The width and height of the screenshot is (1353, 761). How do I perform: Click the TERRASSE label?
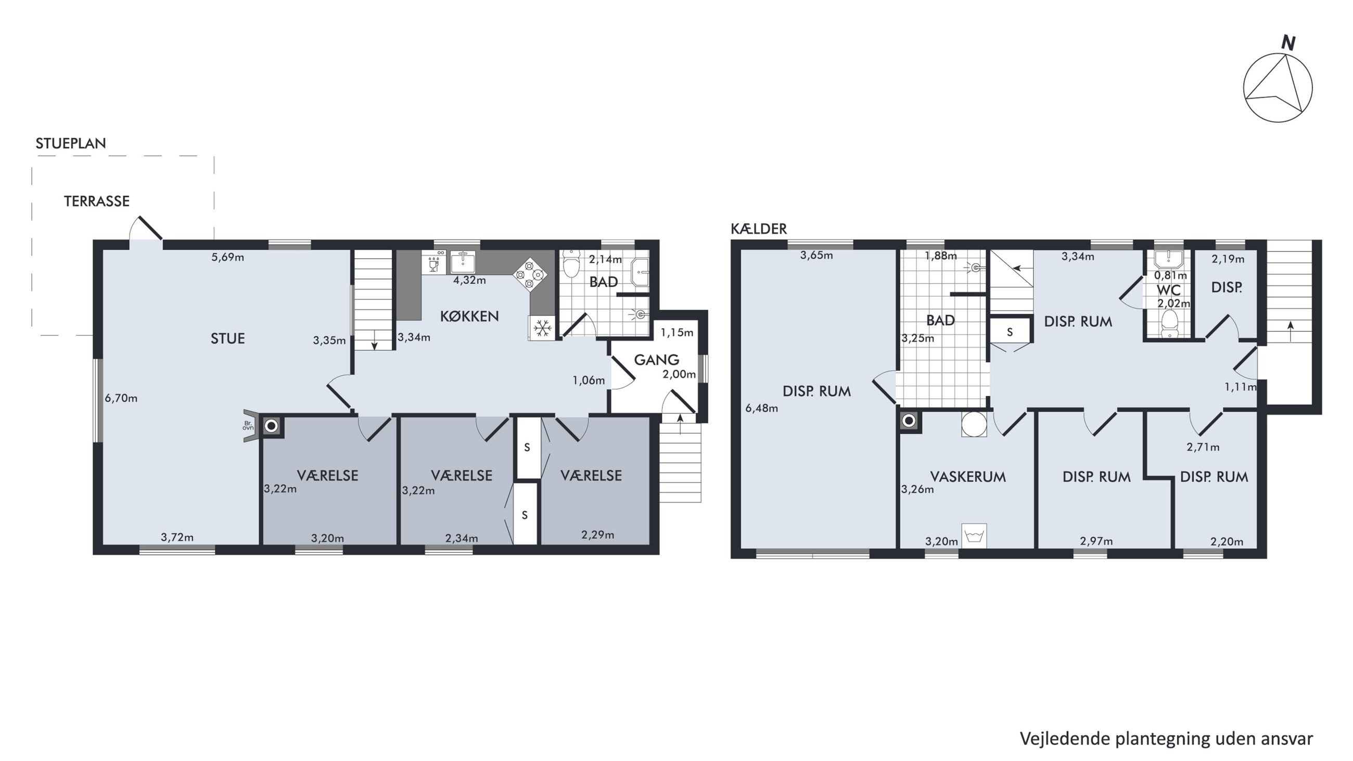click(x=97, y=201)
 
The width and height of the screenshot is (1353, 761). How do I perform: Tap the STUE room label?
click(x=227, y=339)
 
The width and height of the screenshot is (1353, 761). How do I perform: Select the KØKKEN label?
click(x=469, y=316)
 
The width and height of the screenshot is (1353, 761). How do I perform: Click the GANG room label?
click(x=657, y=360)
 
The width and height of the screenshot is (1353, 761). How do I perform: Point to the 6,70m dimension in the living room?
click(x=121, y=398)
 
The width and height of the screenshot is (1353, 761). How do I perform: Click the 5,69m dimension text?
click(x=227, y=257)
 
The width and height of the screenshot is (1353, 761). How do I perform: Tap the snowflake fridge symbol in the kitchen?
click(x=542, y=328)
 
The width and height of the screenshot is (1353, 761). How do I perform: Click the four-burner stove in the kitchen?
click(x=530, y=274)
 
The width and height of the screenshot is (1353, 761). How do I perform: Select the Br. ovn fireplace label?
click(x=248, y=425)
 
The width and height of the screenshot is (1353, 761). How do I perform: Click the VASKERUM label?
click(x=968, y=477)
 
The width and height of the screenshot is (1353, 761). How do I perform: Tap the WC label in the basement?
click(x=1168, y=290)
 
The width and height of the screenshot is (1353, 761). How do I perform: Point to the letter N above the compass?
click(x=1288, y=43)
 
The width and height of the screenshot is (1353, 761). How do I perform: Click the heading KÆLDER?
click(x=759, y=229)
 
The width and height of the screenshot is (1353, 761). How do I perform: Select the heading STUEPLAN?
click(x=71, y=143)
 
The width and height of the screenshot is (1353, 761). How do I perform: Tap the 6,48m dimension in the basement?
click(x=762, y=408)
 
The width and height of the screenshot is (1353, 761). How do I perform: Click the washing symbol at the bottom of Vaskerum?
click(x=974, y=536)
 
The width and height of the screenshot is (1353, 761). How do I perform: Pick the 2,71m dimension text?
click(x=1203, y=448)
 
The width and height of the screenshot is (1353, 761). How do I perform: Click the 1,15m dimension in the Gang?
click(x=677, y=333)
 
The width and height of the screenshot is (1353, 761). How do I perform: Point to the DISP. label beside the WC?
click(x=1227, y=288)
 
